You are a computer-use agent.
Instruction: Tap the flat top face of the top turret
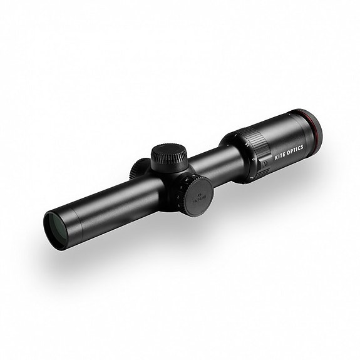[x=167, y=152]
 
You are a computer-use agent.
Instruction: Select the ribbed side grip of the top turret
[x=170, y=165]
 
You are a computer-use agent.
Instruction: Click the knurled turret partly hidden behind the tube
[x=137, y=169]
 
